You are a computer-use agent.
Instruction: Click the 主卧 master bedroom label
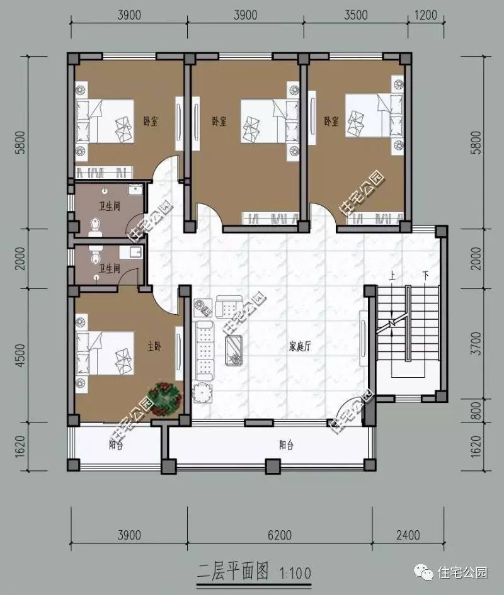[154, 346]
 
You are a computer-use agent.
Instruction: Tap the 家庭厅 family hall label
[300, 346]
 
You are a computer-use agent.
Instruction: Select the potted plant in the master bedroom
[165, 399]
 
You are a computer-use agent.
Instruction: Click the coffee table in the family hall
[233, 350]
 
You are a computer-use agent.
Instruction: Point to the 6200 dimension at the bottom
[280, 535]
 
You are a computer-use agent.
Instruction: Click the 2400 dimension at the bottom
[408, 535]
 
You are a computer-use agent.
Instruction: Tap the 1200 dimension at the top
[425, 15]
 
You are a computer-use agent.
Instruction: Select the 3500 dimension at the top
[356, 15]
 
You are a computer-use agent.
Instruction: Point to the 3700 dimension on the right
[476, 343]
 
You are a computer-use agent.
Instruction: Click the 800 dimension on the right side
[476, 410]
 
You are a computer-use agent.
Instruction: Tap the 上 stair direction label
[392, 275]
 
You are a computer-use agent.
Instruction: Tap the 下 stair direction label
[426, 275]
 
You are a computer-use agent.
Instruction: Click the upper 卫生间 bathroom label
[110, 206]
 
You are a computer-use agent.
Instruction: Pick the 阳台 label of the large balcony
[286, 445]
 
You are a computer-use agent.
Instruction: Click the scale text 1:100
[295, 572]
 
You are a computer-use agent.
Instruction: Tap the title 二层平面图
[232, 572]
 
